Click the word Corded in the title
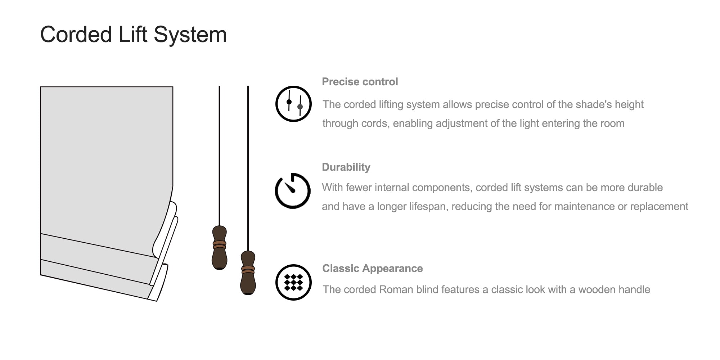click(76, 35)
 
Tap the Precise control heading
click(360, 82)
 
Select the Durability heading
click(346, 167)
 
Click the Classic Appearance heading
click(373, 268)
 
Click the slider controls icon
click(293, 104)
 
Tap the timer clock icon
click(293, 191)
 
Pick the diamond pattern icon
click(293, 282)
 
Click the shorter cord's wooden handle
click(220, 248)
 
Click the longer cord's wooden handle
click(248, 273)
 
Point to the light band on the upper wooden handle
click(220, 245)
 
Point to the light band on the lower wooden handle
click(248, 270)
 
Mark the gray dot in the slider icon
click(300, 107)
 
